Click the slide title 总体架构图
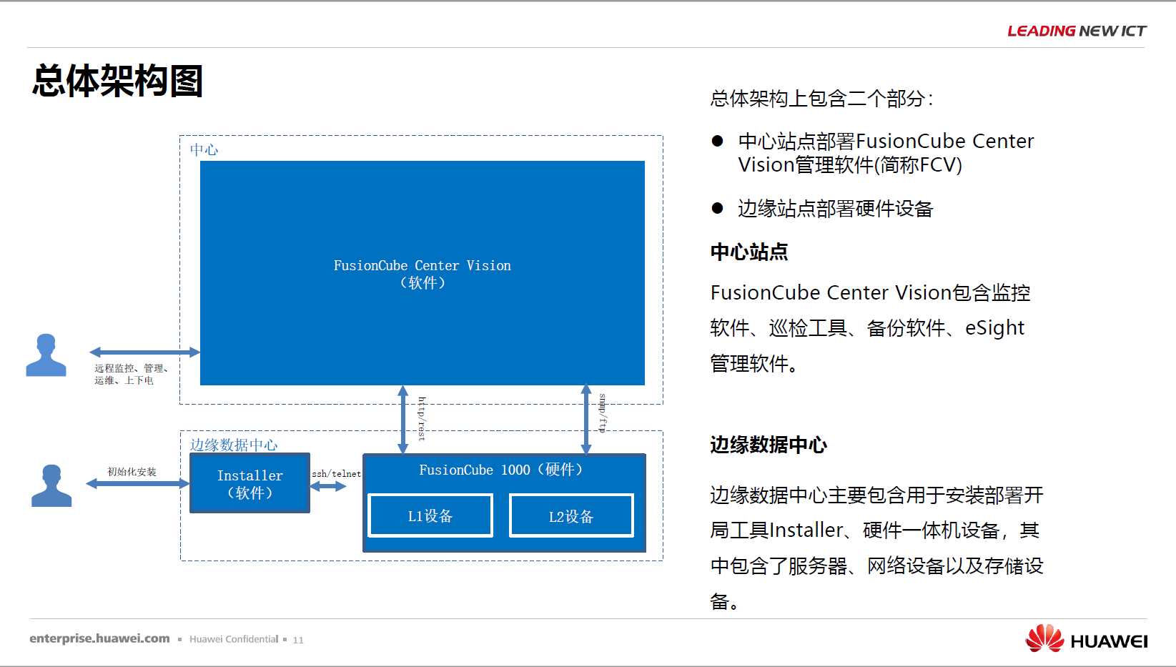117,81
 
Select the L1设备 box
430,515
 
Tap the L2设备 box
571,515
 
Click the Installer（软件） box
249,483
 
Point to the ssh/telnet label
337,474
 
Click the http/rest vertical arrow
402,419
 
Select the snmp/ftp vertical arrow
586,419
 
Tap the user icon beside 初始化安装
51,485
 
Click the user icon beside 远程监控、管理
46,355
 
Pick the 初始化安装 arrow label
132,472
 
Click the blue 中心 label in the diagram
204,150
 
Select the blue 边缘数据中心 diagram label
234,445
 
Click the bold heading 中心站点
749,252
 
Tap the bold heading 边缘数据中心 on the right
769,445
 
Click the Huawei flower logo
1044,638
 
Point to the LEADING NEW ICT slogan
1077,31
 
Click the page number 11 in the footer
298,640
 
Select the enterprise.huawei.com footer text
100,638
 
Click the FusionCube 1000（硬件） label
501,470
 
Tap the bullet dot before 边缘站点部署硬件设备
717,209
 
